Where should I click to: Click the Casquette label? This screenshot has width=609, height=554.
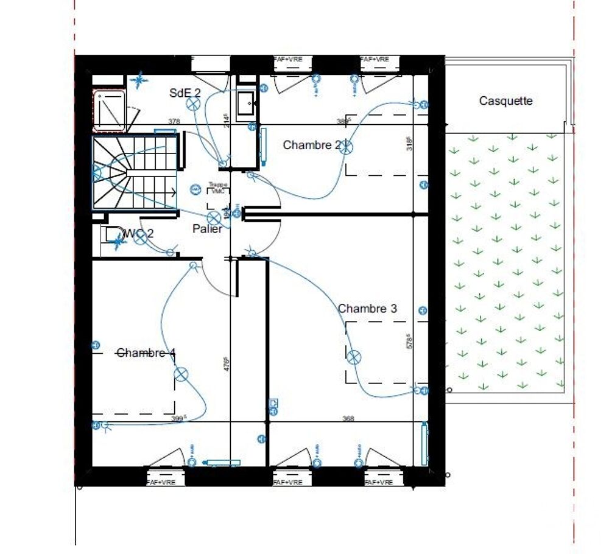505,101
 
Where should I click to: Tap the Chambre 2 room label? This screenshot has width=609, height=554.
312,145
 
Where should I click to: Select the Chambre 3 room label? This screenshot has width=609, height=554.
367,309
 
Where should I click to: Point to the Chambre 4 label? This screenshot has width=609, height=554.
146,352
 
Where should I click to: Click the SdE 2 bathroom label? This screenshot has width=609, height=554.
185,93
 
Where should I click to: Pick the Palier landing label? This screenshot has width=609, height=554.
207,229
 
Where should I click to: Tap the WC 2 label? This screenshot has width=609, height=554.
138,233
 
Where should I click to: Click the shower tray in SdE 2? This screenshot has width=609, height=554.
109,111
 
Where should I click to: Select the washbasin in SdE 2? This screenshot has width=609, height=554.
246,103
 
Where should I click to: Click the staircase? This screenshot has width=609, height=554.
134,173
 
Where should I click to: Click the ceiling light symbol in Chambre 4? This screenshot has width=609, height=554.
181,374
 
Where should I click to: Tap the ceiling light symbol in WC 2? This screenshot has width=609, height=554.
141,237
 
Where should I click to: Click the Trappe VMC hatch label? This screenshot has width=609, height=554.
217,188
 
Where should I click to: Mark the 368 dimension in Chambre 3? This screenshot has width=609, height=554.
348,418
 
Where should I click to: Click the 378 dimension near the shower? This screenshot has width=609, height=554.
174,122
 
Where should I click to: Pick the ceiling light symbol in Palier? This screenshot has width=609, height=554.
214,217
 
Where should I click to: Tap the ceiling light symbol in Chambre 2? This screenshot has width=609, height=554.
346,146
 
